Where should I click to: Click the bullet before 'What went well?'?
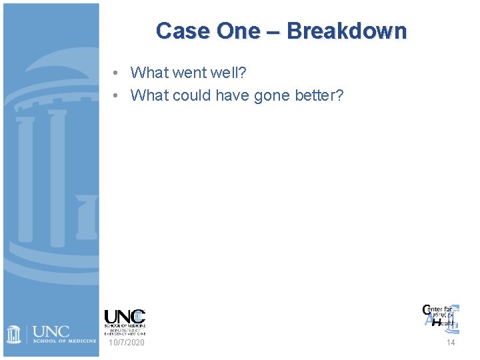coord(116,73)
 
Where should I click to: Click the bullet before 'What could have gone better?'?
coord(116,96)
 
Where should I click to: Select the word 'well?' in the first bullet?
coord(228,73)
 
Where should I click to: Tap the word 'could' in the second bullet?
coord(193,96)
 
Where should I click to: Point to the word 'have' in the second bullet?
coord(234,96)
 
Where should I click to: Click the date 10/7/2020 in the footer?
coord(126,343)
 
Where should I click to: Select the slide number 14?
coord(451,343)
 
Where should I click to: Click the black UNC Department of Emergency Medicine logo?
coord(125,321)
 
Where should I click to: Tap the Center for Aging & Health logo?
coord(440,316)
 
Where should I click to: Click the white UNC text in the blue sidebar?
coord(51,331)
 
